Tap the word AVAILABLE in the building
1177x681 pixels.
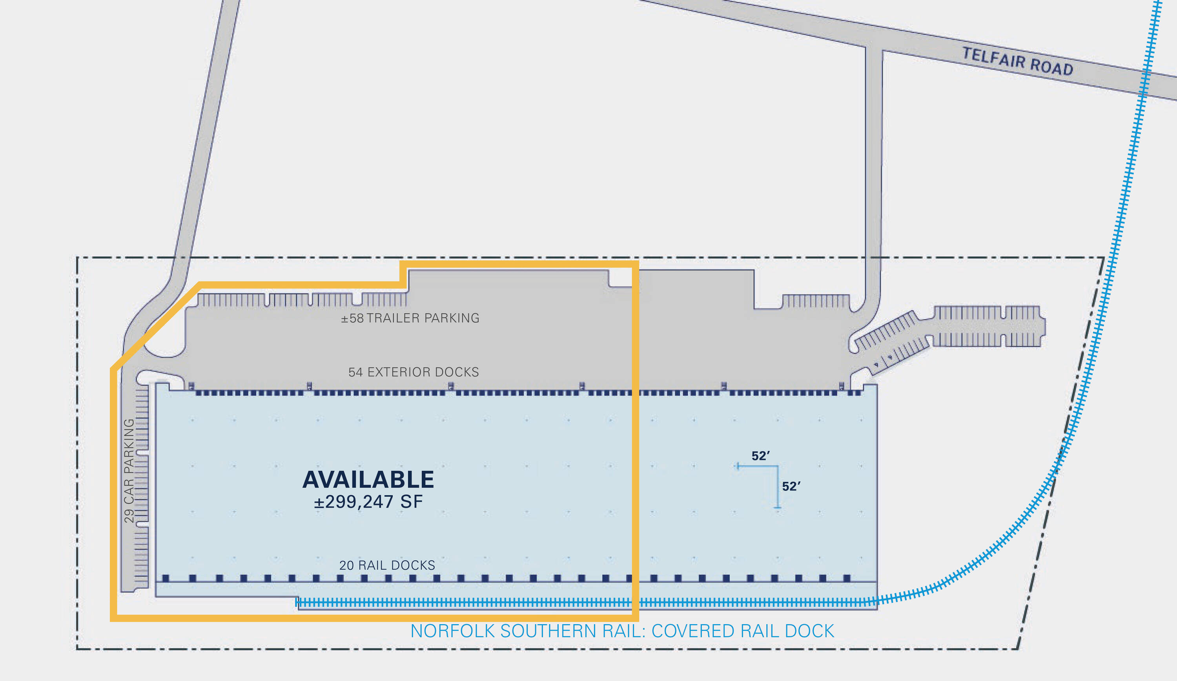[x=368, y=480]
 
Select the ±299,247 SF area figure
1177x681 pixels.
[x=368, y=502]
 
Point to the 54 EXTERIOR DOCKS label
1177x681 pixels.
[x=414, y=372]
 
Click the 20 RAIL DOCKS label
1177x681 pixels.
[x=387, y=565]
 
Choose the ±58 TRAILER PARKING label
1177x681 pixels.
[x=410, y=318]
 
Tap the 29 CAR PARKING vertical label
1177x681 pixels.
[x=129, y=470]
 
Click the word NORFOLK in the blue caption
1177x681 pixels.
[x=453, y=631]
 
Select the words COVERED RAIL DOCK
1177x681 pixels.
[x=743, y=631]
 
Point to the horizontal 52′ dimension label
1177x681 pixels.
[x=760, y=456]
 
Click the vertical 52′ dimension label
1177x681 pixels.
[x=791, y=487]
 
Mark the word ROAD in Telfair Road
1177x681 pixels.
[x=1051, y=67]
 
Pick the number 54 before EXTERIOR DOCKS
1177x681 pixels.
[x=355, y=372]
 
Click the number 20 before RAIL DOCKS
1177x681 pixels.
[x=346, y=565]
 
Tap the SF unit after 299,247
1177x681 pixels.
[x=412, y=502]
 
